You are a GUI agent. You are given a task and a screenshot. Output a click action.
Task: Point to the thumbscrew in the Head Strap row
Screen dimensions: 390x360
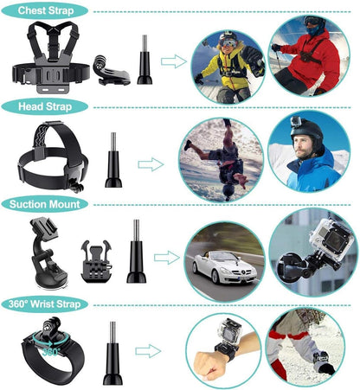113,160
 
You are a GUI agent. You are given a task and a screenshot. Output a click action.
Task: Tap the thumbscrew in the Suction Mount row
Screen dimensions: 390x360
136,253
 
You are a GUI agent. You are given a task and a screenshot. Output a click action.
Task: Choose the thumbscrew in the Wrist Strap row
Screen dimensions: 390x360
112,355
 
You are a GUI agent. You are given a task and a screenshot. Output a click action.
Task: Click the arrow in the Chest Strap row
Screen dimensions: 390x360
174,61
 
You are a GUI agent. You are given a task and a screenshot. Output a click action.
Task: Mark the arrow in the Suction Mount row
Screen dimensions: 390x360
167,256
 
